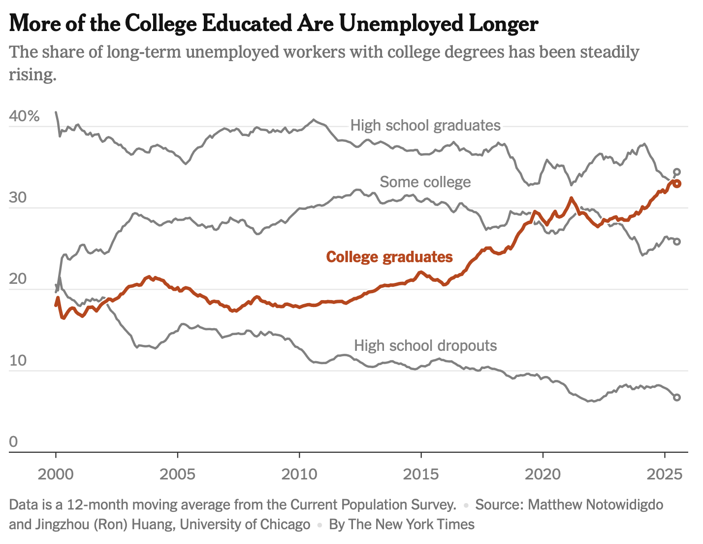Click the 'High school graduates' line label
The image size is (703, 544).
425,125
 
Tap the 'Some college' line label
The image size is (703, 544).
425,182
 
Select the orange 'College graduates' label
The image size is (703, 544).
389,257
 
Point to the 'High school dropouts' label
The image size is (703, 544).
425,345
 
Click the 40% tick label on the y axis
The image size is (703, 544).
24,116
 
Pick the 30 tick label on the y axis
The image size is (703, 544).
17,198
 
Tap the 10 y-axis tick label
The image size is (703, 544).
17,360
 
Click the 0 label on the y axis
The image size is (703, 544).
13,442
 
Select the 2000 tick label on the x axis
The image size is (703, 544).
56,474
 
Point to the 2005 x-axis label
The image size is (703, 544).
177,474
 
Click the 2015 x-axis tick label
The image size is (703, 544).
420,474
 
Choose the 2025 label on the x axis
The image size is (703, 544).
664,474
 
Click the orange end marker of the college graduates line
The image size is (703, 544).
677,184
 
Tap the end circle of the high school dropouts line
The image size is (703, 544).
677,397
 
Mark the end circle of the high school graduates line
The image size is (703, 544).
677,172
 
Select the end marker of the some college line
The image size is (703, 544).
677,241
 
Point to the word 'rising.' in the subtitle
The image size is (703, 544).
32,75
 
